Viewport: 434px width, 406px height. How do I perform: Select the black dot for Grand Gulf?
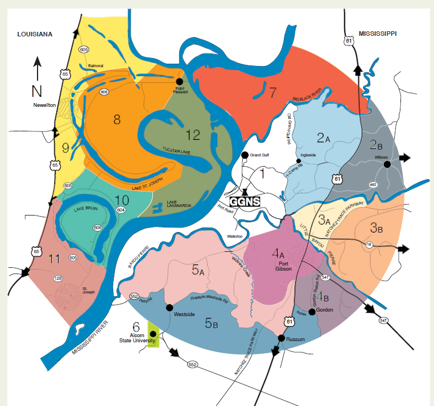pyautogui.click(x=245, y=155)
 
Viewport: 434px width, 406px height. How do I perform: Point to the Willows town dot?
pyautogui.click(x=387, y=164)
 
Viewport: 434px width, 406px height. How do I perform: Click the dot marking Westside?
pyautogui.click(x=168, y=307)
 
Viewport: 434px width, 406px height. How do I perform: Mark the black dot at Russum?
pyautogui.click(x=281, y=338)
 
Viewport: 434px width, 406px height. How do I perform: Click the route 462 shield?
pyautogui.click(x=388, y=185)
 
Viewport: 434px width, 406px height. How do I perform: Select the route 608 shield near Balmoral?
pyautogui.click(x=104, y=92)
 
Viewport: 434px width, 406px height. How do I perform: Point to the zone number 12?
pyautogui.click(x=193, y=135)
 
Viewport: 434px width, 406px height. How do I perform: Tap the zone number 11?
pyautogui.click(x=55, y=259)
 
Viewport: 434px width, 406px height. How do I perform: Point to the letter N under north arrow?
pyautogui.click(x=37, y=89)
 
